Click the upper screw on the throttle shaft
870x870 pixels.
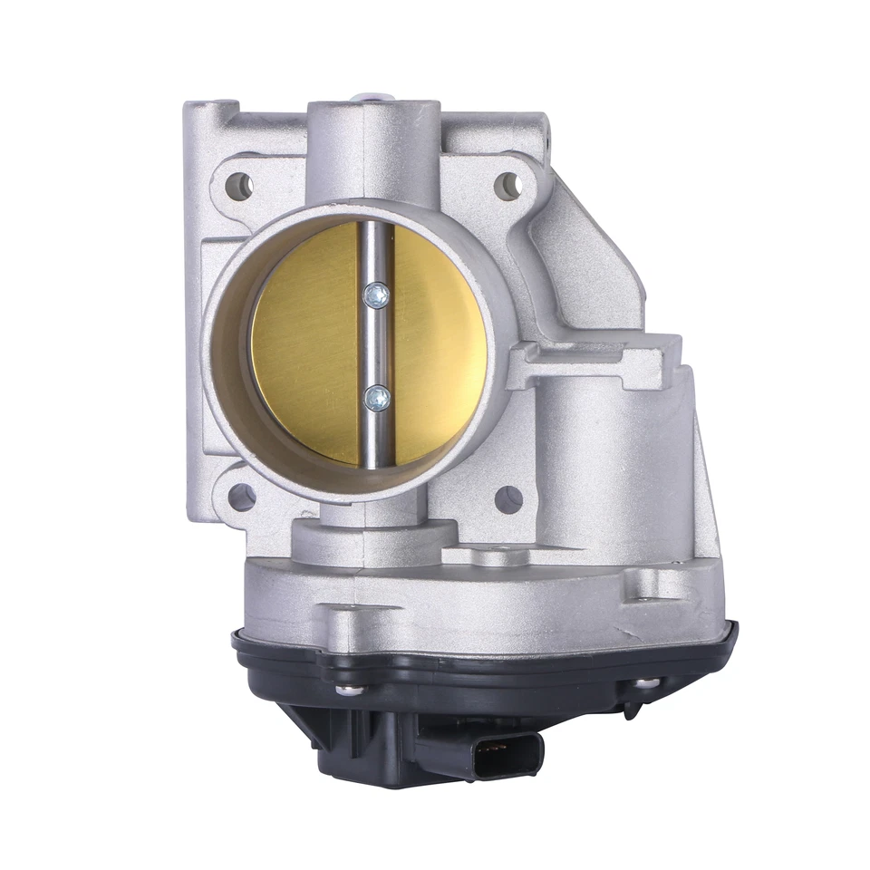[x=376, y=294]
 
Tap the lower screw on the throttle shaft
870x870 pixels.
[x=377, y=396]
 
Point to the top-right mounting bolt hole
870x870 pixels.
[x=507, y=187]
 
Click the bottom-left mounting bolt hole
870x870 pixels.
[x=241, y=497]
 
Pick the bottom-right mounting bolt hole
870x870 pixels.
[x=508, y=498]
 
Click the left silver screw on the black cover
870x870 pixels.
[x=345, y=690]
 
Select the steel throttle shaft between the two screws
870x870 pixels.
[x=375, y=344]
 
